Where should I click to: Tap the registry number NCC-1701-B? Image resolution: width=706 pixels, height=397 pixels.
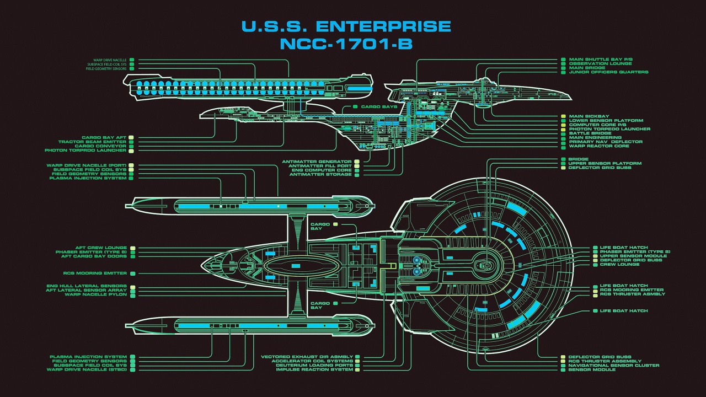coord(346,44)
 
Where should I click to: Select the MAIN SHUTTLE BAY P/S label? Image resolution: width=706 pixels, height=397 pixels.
coord(601,59)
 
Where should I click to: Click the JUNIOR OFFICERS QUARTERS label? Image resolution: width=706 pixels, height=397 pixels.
coord(608,72)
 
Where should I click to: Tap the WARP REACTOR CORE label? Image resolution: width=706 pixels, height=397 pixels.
coord(599,146)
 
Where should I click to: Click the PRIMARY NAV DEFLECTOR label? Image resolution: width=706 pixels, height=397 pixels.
coord(606,142)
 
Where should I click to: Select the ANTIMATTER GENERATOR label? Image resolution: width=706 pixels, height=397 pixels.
coord(317,162)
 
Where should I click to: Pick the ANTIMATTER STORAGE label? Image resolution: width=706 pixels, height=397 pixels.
coord(320,175)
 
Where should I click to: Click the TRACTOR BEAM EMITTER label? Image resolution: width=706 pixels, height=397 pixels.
coord(96,142)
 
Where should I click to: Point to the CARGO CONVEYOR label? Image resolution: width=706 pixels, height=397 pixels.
coord(100,146)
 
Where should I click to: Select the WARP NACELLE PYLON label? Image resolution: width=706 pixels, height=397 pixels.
coord(95,294)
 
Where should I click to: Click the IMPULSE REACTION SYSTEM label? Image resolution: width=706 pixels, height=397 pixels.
coord(314,369)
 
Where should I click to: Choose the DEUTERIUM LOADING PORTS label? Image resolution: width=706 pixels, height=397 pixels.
coord(314,365)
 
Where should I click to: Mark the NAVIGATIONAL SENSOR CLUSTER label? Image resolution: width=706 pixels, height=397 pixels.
coord(614,365)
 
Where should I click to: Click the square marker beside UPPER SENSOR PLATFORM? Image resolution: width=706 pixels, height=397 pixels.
coord(563,163)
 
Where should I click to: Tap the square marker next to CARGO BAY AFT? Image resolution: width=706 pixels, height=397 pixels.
coord(132,137)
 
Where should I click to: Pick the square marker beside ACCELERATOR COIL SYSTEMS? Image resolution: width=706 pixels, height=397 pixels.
coord(357,361)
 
